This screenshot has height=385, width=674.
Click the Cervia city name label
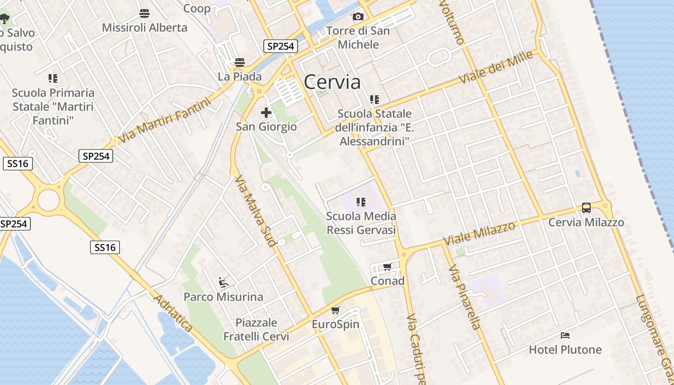pos(332,82)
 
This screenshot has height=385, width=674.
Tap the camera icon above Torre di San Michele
pos(358,17)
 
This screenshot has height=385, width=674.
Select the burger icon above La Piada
pos(239,63)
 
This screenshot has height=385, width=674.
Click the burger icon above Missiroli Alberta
pos(144,13)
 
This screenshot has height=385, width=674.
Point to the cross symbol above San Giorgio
pos(266,113)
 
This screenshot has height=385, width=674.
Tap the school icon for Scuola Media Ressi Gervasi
pos(361,202)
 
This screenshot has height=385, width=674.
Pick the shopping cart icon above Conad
pos(388,267)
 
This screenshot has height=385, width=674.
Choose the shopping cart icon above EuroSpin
pos(336,310)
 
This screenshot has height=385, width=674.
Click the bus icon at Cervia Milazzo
pos(586,208)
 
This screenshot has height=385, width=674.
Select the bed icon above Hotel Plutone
pos(565,335)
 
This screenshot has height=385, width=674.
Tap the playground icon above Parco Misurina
pos(223,282)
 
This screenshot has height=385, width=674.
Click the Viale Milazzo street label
pos(479,233)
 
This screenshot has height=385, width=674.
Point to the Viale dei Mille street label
pos(496,67)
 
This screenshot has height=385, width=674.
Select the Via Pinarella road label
pos(465,297)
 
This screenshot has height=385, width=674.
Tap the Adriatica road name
pos(173,313)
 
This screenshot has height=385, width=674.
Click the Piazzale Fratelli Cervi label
pos(256,329)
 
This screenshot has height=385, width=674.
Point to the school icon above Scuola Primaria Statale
pos(53,78)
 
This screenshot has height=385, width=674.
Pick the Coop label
pos(197,8)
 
